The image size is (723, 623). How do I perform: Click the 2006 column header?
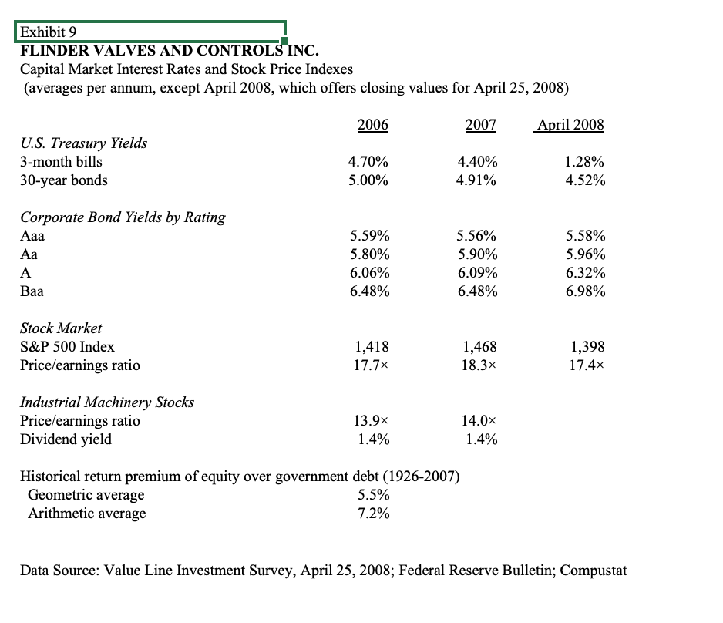click(373, 124)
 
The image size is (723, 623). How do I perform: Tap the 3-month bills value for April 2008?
click(584, 162)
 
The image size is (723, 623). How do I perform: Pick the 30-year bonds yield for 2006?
click(369, 180)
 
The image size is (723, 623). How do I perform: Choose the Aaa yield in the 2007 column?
click(476, 236)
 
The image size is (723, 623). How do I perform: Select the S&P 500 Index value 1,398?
click(588, 347)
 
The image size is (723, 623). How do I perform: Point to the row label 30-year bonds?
click(64, 180)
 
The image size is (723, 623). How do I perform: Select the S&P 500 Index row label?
click(67, 347)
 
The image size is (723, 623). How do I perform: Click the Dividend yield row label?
click(66, 439)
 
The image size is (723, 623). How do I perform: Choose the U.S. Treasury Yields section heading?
click(83, 143)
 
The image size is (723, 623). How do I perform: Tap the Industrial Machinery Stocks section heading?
click(106, 402)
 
